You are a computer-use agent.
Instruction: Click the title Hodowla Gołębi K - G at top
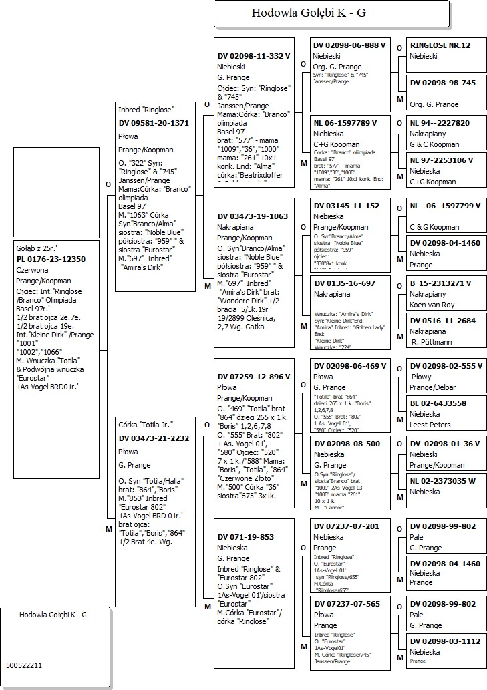pos(308,13)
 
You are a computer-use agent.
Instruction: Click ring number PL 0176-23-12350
pos(51,259)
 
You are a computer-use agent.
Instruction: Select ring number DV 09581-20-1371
pos(153,123)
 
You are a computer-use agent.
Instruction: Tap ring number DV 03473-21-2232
pos(153,438)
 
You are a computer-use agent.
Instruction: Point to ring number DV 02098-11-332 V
pos(254,56)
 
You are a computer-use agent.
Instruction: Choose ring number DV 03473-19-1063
pos(253,216)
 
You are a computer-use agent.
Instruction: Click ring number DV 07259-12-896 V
pos(254,377)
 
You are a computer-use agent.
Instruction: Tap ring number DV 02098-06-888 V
pos(349,45)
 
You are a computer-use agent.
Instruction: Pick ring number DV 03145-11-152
pos(346,206)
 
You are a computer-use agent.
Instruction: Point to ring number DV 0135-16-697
pos(344,283)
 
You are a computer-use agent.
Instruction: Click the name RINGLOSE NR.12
pos(440,45)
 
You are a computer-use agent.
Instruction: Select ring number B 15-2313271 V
pos(441,283)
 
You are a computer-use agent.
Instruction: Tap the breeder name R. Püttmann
pos(432,342)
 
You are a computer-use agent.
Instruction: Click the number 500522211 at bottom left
pos(24,665)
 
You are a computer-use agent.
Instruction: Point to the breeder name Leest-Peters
pos(430,425)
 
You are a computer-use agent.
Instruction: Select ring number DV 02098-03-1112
pos(444,641)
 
